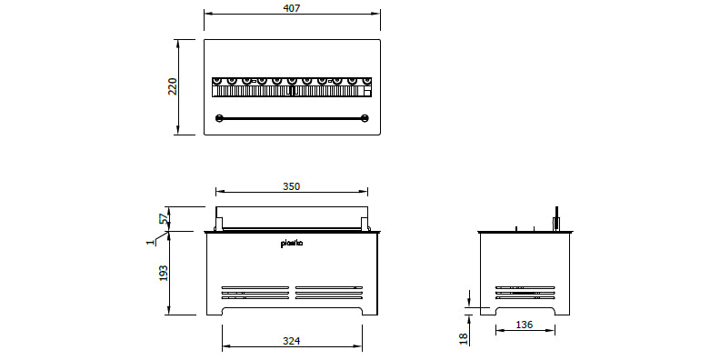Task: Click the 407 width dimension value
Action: coord(292,8)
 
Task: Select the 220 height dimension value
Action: coord(172,86)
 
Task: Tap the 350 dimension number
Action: coord(291,186)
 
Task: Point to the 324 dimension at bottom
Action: coord(291,341)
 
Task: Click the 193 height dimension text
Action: coord(164,273)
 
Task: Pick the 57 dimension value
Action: coord(164,218)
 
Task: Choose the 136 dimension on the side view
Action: coord(524,325)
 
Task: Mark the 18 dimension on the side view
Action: coord(464,339)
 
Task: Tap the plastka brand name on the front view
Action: coord(292,244)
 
